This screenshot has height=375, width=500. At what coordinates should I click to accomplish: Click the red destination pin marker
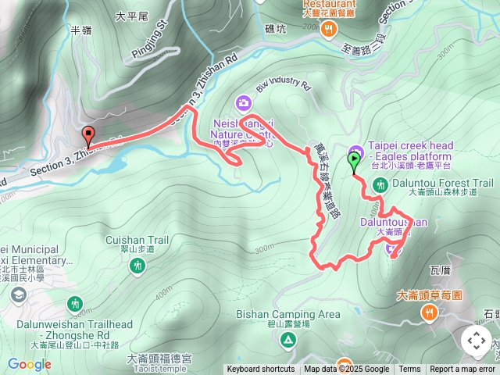click(87, 136)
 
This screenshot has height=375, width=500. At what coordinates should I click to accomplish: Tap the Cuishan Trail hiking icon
click(137, 266)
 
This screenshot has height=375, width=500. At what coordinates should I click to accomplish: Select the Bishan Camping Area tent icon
click(288, 340)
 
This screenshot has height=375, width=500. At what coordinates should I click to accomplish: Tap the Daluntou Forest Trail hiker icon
click(380, 185)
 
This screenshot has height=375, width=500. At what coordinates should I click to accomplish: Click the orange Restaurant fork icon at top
click(329, 30)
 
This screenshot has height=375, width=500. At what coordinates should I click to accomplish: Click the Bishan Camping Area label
click(288, 314)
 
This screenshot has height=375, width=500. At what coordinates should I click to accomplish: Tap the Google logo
click(29, 364)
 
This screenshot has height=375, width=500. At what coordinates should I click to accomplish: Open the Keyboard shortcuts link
click(261, 370)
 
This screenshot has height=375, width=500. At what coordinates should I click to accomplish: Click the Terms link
click(409, 370)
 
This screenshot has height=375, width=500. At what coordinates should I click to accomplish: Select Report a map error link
click(462, 370)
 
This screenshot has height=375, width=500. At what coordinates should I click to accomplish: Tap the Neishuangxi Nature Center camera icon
click(244, 102)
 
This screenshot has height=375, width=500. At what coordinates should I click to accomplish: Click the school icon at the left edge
click(18, 295)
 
